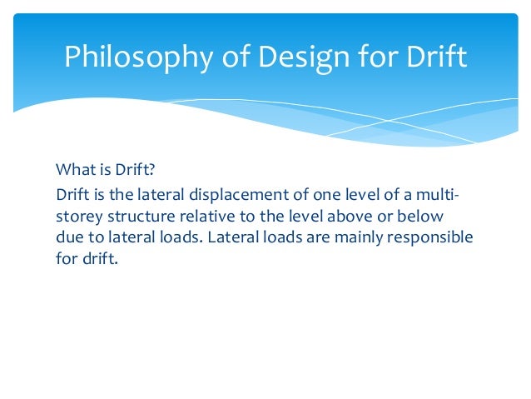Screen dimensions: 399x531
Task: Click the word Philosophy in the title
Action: [128, 57]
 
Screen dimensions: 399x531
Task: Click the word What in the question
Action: [74, 170]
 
